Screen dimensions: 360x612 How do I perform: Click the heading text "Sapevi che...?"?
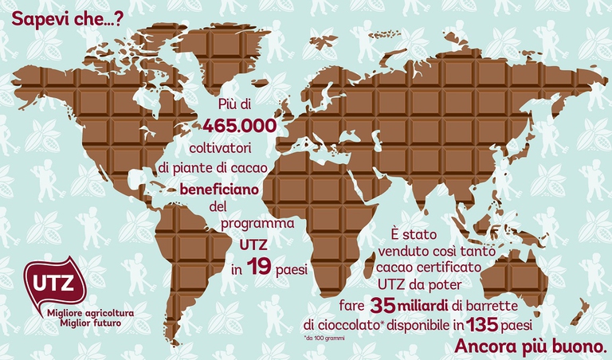(x=61, y=17)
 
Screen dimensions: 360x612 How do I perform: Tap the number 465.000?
(x=239, y=127)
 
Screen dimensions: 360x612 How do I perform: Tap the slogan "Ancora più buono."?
(x=531, y=346)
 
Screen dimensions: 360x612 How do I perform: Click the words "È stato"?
(x=411, y=233)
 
